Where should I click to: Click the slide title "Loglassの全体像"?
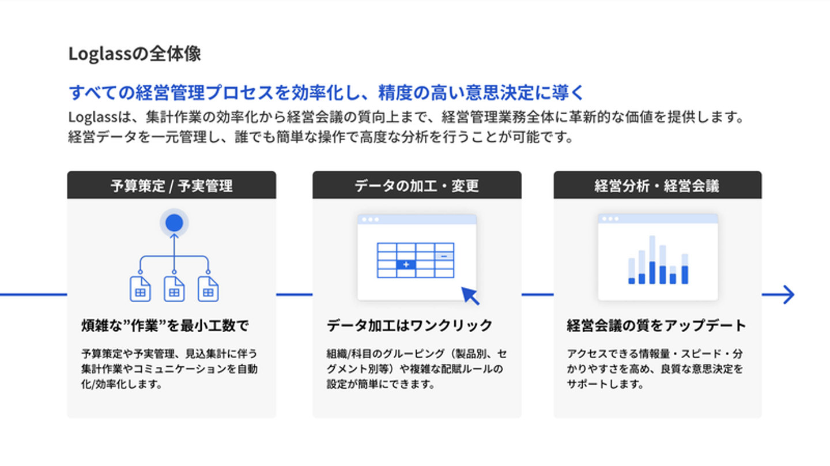134,54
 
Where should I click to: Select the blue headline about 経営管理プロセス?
326,92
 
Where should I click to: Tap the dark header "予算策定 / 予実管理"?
172,185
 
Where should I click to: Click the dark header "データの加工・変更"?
417,185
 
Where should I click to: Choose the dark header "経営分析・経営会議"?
658,185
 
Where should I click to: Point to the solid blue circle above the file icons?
174,223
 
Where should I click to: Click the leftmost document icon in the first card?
140,289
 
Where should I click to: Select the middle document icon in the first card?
174,289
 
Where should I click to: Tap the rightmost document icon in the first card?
208,289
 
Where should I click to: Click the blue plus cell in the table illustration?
406,264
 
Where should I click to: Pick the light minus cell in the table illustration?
444,256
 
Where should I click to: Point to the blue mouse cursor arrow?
470,295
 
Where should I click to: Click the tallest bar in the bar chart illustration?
652,260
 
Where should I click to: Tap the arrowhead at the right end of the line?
788,295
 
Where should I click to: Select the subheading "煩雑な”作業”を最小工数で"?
165,325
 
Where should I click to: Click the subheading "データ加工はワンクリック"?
409,325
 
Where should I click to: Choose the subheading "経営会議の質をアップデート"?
656,325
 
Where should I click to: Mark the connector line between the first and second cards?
294,295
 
